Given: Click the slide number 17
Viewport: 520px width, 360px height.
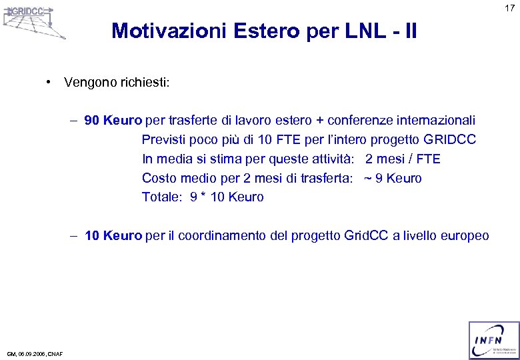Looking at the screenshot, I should pos(509,8).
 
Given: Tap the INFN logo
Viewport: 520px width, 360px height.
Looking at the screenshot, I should pos(493,340).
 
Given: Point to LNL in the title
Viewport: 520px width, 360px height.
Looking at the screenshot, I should pos(356,31).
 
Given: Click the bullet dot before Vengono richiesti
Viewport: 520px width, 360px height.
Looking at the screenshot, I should pos(49,82).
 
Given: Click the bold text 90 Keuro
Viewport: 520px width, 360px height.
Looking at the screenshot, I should pos(113,120).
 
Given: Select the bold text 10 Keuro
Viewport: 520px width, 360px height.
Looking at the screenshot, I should pos(113,235).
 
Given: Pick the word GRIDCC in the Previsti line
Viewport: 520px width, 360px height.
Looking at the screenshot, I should pos(449,139).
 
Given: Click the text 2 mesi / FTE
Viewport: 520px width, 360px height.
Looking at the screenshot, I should pos(403,159).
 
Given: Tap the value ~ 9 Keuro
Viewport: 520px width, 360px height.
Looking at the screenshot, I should pos(393,178).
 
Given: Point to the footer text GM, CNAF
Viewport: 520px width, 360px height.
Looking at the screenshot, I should pos(35,354).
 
